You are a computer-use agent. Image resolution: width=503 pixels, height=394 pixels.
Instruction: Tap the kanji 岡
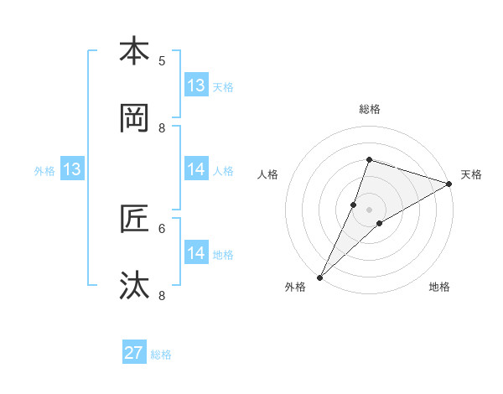tap(134, 118)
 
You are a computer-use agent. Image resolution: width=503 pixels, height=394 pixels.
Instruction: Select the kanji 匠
tap(134, 219)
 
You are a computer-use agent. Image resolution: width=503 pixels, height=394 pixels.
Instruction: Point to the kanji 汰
tap(134, 286)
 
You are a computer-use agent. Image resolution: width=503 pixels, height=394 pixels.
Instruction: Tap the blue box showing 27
tap(134, 354)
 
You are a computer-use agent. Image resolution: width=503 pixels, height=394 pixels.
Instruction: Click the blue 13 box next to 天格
tap(196, 86)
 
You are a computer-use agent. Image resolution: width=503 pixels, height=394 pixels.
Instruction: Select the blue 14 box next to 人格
tap(196, 170)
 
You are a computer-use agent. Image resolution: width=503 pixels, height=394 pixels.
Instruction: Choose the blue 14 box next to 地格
tap(196, 253)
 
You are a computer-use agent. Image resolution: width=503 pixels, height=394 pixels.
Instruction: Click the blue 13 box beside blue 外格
tap(72, 170)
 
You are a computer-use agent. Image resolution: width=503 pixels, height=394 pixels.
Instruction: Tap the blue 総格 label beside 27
tap(161, 355)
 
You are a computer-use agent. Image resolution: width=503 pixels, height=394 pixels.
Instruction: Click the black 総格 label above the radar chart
tap(370, 109)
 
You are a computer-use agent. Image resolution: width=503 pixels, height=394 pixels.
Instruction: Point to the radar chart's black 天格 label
tap(471, 174)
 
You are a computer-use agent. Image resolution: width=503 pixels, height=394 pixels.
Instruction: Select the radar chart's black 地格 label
tap(439, 287)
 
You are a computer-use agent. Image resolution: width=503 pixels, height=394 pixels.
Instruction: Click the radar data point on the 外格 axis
tap(319, 277)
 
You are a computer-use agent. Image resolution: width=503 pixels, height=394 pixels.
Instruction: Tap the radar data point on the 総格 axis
tap(369, 159)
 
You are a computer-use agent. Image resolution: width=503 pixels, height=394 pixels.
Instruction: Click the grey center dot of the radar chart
tap(370, 210)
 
